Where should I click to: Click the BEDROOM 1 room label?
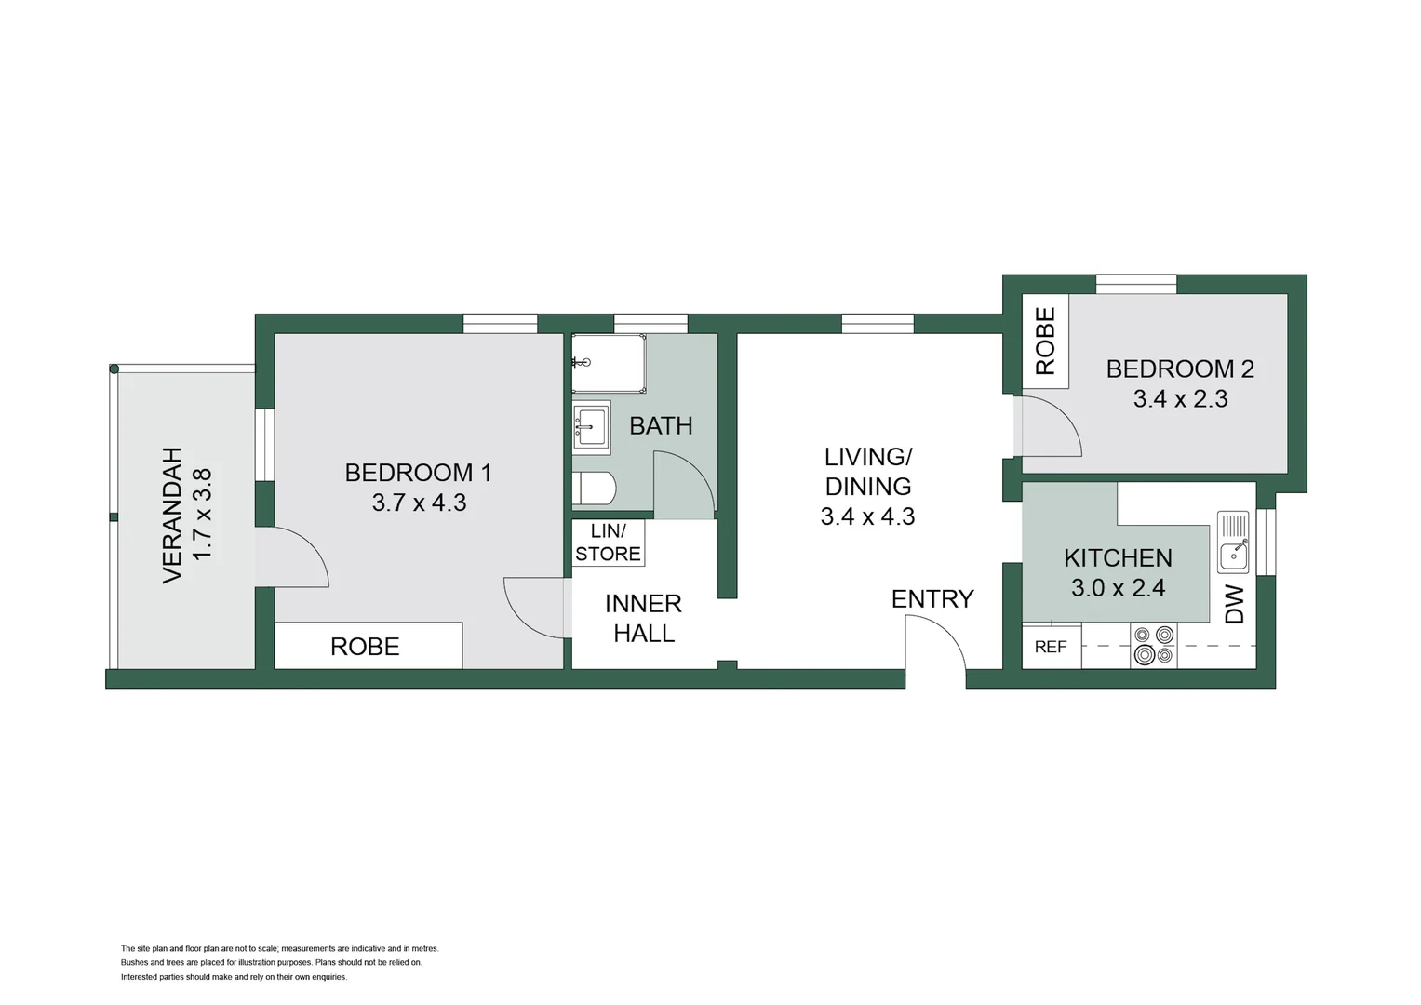418,473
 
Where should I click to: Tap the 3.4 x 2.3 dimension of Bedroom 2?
1180,399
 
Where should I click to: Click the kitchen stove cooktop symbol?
1153,646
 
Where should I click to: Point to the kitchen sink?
1233,543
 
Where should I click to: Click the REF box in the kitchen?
1051,647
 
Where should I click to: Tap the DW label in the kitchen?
1234,605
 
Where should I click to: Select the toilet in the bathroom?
594,489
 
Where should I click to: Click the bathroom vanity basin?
591,428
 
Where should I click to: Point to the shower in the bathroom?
609,364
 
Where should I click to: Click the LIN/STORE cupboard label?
608,543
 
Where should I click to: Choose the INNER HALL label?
643,619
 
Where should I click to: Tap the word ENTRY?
932,599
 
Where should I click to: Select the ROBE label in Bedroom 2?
1045,341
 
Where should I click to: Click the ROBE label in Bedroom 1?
365,647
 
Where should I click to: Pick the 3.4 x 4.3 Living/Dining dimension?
867,516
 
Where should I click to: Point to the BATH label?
661,426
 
